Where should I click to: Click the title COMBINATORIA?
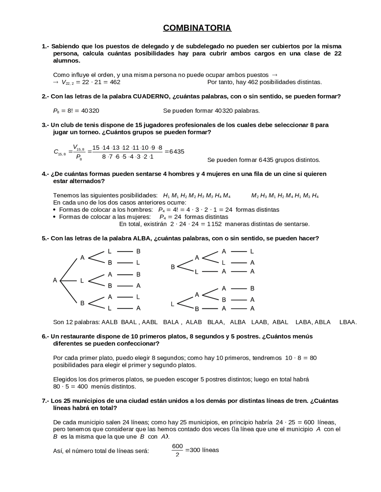197,28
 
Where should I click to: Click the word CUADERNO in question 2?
148,97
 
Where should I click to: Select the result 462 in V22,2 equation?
115,82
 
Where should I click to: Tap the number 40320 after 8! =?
90,111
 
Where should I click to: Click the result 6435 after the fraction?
177,152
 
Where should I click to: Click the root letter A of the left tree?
55,280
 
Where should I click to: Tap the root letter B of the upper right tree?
173,267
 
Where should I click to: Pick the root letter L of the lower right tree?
172,304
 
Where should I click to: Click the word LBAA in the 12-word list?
348,322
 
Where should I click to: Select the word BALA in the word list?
171,322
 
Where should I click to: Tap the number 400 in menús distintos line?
82,387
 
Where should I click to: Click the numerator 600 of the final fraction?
177,446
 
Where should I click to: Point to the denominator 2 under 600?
177,455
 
